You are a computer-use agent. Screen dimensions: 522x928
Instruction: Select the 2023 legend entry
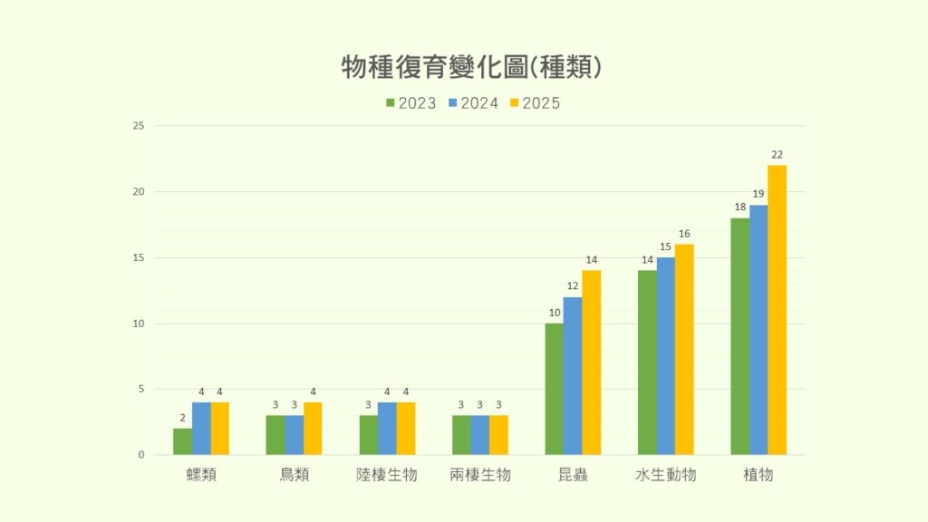tap(411, 103)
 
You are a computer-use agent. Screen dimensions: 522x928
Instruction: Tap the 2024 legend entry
tap(474, 103)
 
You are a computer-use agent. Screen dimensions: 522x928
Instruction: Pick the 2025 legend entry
tap(536, 103)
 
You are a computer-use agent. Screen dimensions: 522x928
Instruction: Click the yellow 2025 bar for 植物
tap(777, 310)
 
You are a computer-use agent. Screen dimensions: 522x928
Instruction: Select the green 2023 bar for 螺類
tap(182, 441)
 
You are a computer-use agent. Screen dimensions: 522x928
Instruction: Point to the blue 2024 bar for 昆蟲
tap(573, 376)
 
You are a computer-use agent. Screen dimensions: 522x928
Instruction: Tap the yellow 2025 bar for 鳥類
tap(313, 429)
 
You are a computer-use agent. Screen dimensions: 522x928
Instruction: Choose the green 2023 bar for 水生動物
tap(647, 362)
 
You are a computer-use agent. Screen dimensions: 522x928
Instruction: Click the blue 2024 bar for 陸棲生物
tap(387, 429)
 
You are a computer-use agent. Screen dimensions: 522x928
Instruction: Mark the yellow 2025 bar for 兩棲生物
tap(498, 435)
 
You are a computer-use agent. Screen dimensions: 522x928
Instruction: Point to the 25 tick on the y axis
tap(139, 126)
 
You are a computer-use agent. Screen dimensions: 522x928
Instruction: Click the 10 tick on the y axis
tap(139, 324)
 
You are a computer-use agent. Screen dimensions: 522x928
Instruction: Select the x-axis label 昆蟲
tap(573, 474)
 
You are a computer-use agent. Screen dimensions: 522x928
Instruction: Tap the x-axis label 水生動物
tap(665, 474)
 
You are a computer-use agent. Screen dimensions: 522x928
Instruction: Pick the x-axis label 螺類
tap(201, 474)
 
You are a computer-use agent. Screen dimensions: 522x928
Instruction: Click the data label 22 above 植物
tap(777, 154)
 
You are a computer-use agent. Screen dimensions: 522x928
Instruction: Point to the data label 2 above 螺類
tap(182, 418)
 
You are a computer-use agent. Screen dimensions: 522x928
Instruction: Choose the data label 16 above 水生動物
tap(684, 234)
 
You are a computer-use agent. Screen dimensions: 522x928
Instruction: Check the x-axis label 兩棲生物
tap(480, 474)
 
